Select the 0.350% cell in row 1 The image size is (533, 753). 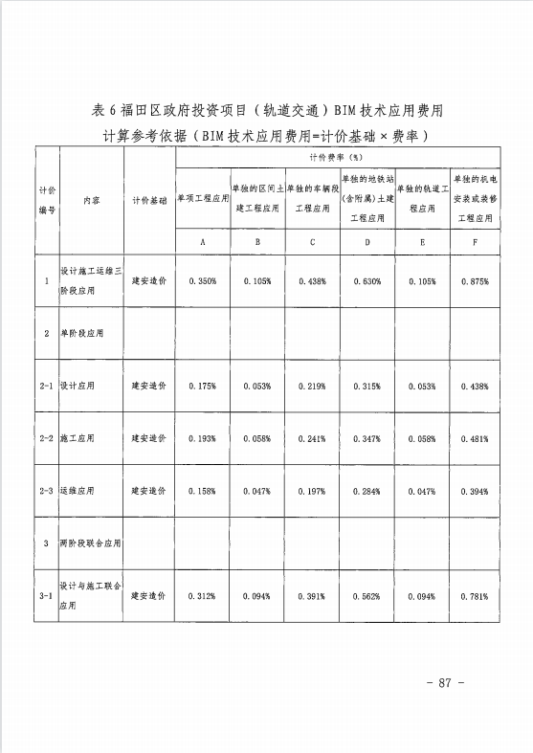click(x=203, y=281)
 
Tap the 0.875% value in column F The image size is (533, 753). click(x=475, y=281)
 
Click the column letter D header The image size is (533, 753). click(x=366, y=242)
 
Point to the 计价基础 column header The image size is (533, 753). click(x=149, y=202)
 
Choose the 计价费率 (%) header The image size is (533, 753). click(x=339, y=156)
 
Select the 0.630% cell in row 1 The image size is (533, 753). click(x=366, y=281)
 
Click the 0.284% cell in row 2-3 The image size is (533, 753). click(x=366, y=491)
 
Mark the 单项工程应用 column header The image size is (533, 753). click(x=203, y=202)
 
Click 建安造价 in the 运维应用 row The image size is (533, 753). click(x=149, y=491)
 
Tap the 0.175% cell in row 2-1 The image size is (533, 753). click(x=203, y=385)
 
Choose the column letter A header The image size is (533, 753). click(x=203, y=242)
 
